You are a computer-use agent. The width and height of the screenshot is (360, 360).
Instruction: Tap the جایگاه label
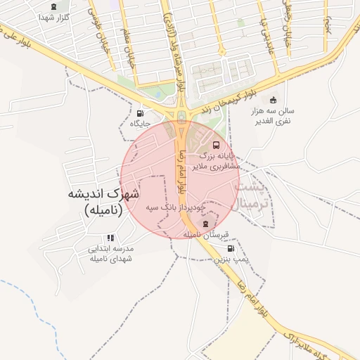tap(141, 124)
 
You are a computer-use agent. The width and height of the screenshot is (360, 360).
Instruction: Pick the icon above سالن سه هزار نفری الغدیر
tap(274, 99)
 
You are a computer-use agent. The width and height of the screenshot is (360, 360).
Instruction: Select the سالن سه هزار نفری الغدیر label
tap(274, 116)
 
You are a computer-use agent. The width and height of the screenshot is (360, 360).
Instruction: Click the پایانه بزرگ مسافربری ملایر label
tap(218, 160)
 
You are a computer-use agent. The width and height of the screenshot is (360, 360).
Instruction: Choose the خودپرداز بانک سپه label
tap(176, 208)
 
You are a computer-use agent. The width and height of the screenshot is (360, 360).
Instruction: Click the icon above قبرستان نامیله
tap(206, 224)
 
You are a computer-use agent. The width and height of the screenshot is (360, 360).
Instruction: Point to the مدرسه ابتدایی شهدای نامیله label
tap(110, 253)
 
